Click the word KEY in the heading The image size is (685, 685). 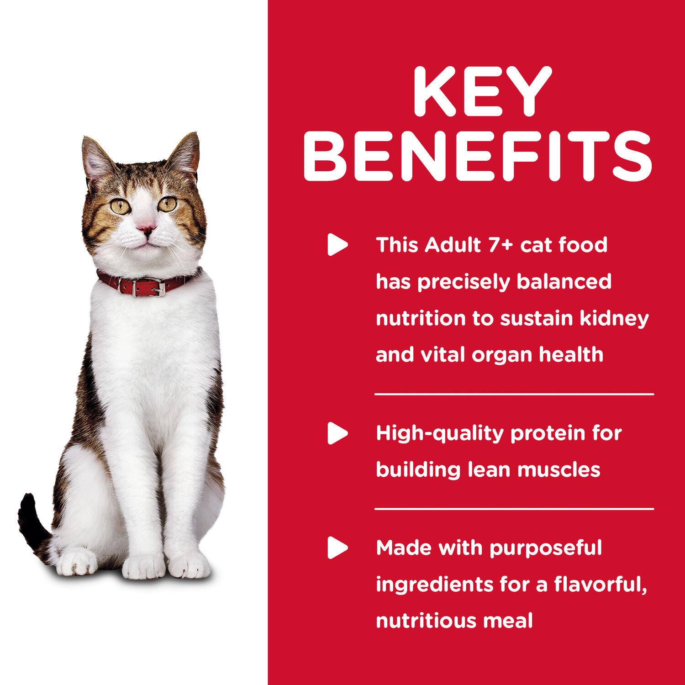pos(482,91)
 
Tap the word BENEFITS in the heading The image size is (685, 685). pos(478,156)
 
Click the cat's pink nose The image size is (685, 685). pos(146,226)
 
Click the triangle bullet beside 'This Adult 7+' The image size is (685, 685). pos(337,245)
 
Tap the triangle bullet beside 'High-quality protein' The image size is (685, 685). pos(337,433)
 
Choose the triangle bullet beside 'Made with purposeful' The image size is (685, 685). pos(337,548)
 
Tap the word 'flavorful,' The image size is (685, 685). pos(601,585)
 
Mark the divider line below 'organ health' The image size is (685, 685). pos(514,394)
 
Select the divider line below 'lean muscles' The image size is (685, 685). pos(514,508)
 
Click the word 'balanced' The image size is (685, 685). pos(564,282)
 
